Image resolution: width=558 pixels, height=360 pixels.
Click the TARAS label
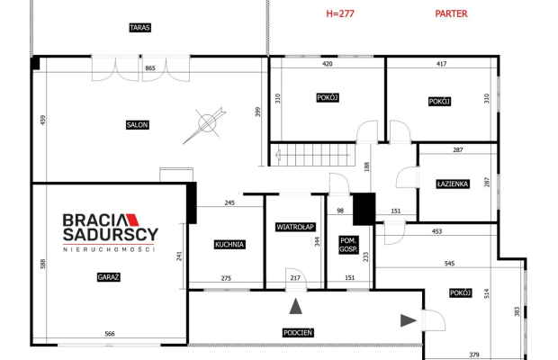[x=139, y=27]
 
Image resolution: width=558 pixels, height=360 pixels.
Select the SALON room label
[x=138, y=125]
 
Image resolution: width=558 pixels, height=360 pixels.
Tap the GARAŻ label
[x=109, y=277]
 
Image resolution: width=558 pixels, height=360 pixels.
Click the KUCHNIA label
[x=229, y=245]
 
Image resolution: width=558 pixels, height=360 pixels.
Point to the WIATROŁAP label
[x=295, y=227]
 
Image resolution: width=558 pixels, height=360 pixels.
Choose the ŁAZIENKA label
[x=453, y=184]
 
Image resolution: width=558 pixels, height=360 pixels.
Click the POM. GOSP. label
[x=348, y=245]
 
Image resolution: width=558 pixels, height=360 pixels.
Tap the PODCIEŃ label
[x=298, y=333]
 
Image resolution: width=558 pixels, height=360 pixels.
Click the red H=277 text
[x=340, y=13]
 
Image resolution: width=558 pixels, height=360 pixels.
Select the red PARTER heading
[x=451, y=13]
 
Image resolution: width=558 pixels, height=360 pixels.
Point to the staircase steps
[x=313, y=155]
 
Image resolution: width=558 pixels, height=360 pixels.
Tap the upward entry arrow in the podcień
[x=296, y=306]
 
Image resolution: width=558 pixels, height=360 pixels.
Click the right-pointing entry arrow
[x=409, y=320]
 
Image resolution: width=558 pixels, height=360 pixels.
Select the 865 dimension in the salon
[x=150, y=67]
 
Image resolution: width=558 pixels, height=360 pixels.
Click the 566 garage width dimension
[x=110, y=334]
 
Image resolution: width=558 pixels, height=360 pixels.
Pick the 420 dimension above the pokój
[x=328, y=64]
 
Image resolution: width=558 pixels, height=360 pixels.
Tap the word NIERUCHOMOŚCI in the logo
[x=109, y=249]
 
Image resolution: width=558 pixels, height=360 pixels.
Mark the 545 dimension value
[x=449, y=264]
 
